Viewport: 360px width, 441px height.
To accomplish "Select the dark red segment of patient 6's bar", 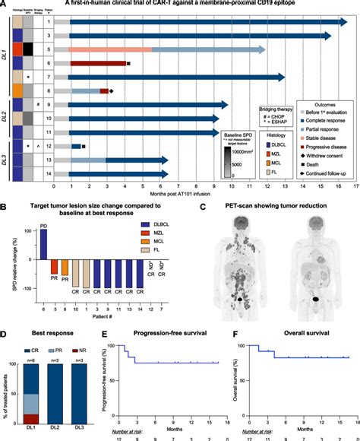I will click(x=98, y=63).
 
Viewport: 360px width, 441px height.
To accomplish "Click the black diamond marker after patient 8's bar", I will click(x=112, y=90).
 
